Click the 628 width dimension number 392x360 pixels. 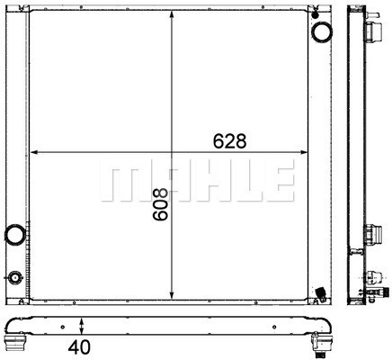pyautogui.click(x=228, y=140)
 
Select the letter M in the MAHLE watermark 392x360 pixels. pyautogui.click(x=120, y=183)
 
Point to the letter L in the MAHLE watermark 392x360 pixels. pyautogui.click(x=240, y=183)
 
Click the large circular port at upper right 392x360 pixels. pyautogui.click(x=320, y=33)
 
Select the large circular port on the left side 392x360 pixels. pyautogui.click(x=15, y=236)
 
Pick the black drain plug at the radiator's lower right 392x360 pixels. pyautogui.click(x=321, y=292)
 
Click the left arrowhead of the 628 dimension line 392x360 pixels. pyautogui.click(x=35, y=151)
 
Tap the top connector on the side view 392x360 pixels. pyautogui.click(x=370, y=36)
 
